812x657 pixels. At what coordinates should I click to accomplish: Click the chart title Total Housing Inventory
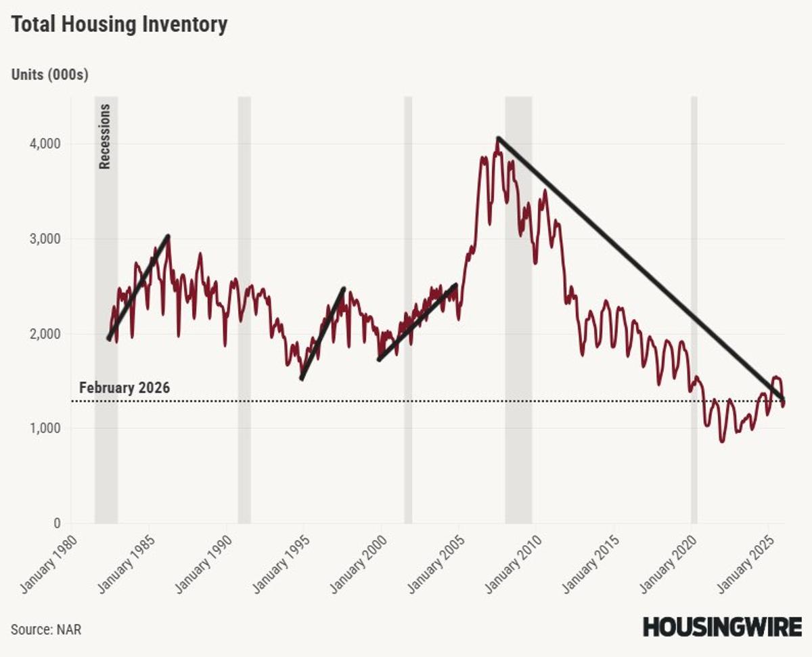pyautogui.click(x=119, y=25)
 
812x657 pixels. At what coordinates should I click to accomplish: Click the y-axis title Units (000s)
pyautogui.click(x=49, y=75)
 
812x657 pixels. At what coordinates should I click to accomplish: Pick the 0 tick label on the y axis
pyautogui.click(x=56, y=524)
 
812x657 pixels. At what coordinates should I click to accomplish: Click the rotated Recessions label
pyautogui.click(x=105, y=136)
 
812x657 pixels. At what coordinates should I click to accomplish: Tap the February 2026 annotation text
pyautogui.click(x=125, y=388)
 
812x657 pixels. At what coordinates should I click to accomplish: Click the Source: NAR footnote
pyautogui.click(x=46, y=629)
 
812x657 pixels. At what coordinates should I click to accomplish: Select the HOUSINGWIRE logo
pyautogui.click(x=722, y=627)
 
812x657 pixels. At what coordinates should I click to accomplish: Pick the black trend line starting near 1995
pyautogui.click(x=323, y=333)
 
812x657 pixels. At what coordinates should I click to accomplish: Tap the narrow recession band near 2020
pyautogui.click(x=694, y=305)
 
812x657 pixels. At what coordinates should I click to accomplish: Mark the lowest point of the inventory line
pyautogui.click(x=722, y=441)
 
